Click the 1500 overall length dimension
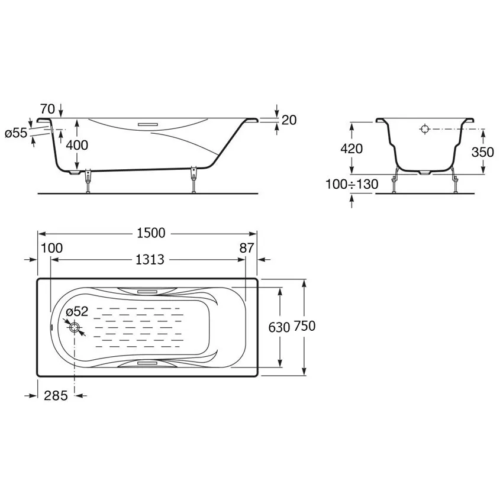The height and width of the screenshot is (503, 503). tap(151, 233)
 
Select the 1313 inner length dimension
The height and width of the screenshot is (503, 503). tap(150, 260)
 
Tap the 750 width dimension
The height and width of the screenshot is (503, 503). tap(304, 326)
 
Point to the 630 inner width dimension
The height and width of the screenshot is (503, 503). tap(279, 327)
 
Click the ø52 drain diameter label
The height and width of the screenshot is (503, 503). tap(77, 311)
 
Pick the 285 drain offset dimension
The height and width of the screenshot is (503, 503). tap(56, 395)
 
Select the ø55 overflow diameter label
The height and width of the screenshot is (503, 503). tap(16, 133)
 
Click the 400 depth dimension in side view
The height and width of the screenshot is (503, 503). tap(77, 146)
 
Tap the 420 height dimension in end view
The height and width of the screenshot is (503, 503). tap(352, 149)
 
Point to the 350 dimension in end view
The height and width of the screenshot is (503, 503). tap(482, 151)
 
